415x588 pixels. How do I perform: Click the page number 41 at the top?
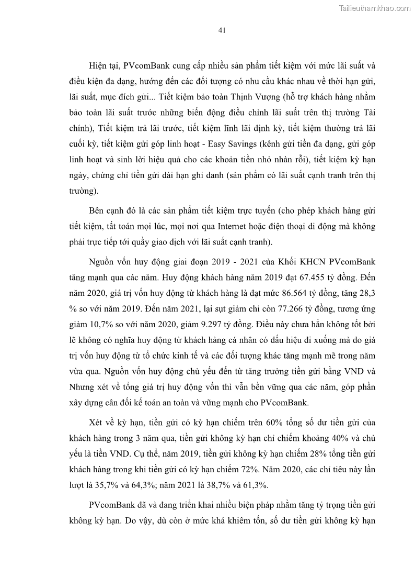(x=222, y=30)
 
